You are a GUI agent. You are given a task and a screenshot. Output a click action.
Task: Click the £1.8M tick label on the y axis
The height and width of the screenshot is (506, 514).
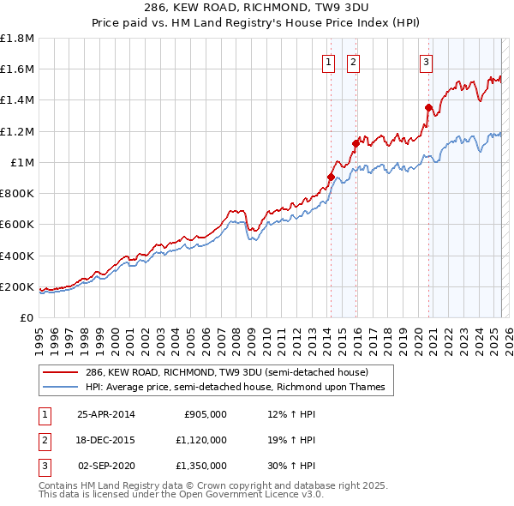(x=17, y=39)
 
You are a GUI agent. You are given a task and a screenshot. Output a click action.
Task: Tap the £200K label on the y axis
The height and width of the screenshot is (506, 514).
(x=17, y=287)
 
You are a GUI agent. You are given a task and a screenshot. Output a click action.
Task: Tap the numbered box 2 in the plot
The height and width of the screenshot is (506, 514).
(x=353, y=61)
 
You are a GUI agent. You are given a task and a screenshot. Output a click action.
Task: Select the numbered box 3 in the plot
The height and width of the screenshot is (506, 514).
(x=427, y=61)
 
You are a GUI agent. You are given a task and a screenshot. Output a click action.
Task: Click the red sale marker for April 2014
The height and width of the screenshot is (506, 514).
(x=331, y=178)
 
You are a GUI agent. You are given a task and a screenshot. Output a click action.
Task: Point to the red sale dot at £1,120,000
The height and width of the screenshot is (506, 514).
(x=356, y=144)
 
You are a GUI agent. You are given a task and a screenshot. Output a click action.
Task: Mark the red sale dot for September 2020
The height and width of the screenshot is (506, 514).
(x=429, y=108)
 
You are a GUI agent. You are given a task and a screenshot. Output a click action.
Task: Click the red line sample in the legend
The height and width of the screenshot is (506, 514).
(x=62, y=373)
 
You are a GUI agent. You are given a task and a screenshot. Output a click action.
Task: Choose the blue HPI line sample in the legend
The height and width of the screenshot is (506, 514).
(x=62, y=387)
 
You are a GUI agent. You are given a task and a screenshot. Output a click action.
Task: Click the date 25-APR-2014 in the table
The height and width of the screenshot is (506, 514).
(x=106, y=413)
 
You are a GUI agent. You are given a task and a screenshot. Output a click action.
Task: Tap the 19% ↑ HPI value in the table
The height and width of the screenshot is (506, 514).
(x=291, y=441)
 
